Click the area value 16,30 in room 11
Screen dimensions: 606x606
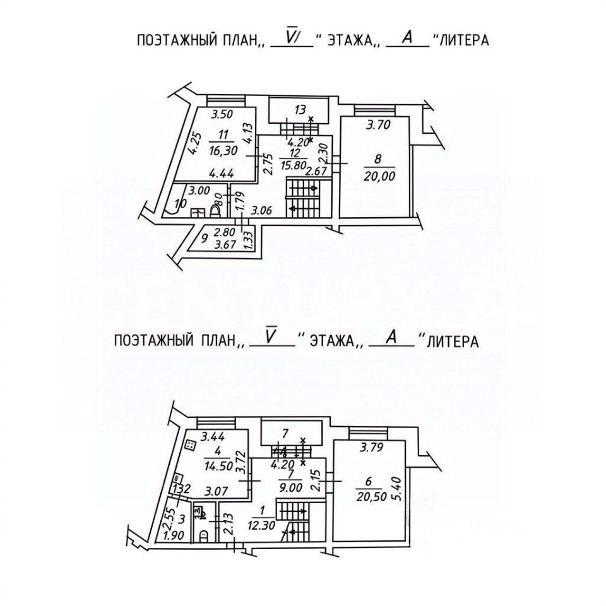223,148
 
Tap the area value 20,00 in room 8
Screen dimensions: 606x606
379,177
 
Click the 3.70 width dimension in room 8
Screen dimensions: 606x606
378,126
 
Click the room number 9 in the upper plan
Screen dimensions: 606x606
204,238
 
